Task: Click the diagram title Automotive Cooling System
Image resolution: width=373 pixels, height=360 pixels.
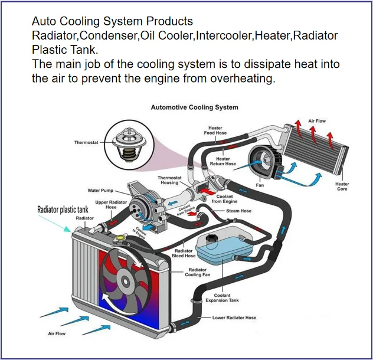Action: click(194, 107)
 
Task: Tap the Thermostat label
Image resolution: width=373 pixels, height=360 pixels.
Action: click(86, 142)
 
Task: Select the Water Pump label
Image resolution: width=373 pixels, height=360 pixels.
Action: click(100, 191)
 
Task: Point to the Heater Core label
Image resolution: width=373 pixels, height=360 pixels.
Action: click(342, 186)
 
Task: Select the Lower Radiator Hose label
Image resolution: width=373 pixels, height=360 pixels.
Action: click(234, 318)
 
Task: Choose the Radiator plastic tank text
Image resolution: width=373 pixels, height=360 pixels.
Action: click(63, 209)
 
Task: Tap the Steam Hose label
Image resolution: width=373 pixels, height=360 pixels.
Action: click(238, 211)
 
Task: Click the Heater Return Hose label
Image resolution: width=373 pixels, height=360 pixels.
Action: click(223, 161)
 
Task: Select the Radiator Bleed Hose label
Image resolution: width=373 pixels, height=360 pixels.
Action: click(183, 253)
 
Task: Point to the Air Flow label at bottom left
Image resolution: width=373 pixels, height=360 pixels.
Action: click(57, 334)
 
